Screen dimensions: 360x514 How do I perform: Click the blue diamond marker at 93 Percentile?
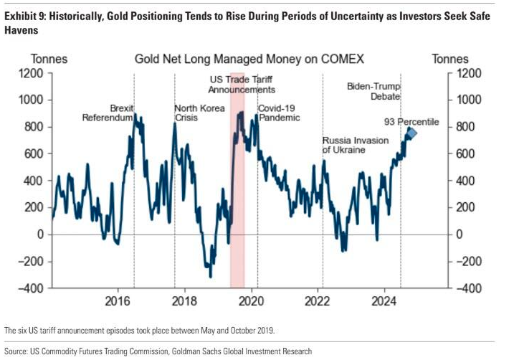(411, 133)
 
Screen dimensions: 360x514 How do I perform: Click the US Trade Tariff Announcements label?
(242, 85)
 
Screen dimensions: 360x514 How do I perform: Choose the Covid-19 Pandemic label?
(279, 113)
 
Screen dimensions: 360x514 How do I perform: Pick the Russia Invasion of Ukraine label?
(354, 145)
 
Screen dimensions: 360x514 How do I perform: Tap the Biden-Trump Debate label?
(373, 90)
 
